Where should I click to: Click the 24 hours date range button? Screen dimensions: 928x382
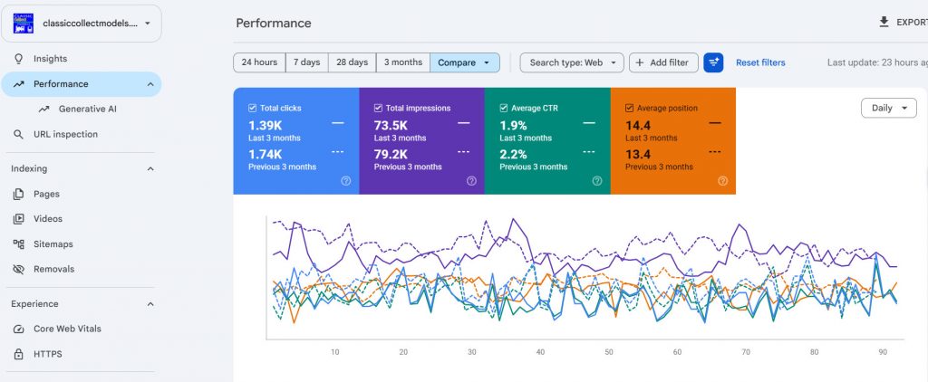259,62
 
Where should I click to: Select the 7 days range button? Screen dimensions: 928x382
306,62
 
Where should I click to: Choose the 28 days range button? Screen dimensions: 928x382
353,62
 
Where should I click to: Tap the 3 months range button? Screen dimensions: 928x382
403,62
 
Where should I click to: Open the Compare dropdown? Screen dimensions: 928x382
465,62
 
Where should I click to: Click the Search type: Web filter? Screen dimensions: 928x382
572,62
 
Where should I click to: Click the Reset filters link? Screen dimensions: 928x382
760,62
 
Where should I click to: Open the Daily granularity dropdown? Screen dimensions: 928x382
888,109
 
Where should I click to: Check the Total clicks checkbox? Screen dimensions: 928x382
253,109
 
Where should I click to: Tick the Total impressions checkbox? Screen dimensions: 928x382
378,109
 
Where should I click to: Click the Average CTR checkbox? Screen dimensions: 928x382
504,109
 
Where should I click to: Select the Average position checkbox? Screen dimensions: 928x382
629,109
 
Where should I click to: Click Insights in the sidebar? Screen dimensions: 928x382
51,59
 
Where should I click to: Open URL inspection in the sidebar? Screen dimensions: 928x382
65,134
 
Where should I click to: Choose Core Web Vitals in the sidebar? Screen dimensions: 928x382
67,329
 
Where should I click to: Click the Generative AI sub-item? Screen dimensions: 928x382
88,110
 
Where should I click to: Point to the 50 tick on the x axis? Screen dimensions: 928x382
609,352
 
